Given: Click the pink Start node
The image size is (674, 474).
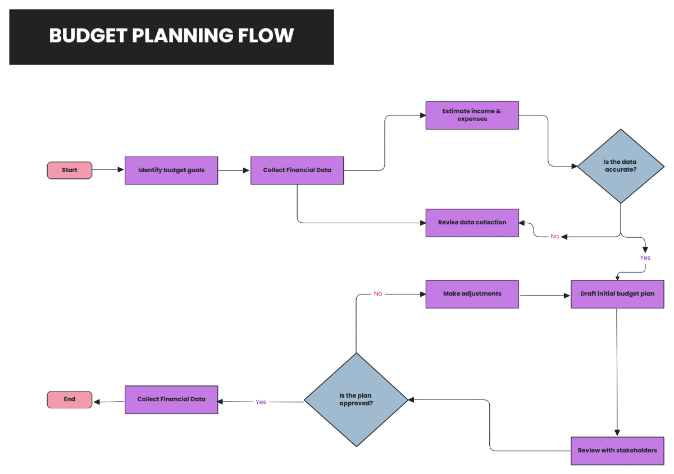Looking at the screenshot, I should point(69,170).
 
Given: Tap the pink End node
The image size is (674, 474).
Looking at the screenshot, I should point(69,399).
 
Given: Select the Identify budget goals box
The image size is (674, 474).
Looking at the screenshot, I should point(171,170).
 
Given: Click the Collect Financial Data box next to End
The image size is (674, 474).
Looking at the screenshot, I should point(171,399).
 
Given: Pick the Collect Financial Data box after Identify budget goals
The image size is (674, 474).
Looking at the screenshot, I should point(297,170).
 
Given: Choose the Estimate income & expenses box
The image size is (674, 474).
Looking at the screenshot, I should point(472,115).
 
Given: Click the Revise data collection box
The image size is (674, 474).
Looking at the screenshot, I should point(472,223).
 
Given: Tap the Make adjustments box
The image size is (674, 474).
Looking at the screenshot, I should point(472,294).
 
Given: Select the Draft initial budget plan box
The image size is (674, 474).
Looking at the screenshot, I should point(617,294).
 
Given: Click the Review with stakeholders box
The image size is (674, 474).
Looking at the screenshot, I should point(617,450).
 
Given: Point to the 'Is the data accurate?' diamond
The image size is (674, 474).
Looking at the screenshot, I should point(621,166).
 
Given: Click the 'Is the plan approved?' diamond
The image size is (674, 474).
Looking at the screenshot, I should point(356,400).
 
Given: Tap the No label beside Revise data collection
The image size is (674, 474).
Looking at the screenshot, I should point(555,237).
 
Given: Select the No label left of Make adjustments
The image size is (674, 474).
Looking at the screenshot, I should point(378,294).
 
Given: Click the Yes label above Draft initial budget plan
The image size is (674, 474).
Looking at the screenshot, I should point(645,258).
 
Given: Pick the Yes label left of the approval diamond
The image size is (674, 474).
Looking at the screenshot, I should point(261,402).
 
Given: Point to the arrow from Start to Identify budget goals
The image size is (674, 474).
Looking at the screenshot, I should point(108,169).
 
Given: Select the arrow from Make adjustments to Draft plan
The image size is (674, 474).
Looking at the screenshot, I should point(545,296).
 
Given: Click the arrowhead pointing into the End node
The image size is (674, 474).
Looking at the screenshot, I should point(97,402).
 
